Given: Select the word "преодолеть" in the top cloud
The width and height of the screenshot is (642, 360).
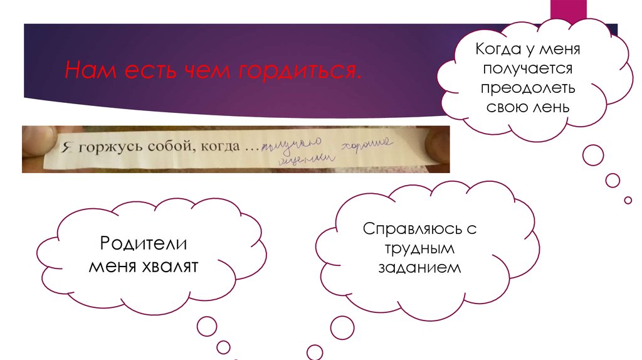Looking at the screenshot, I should [529, 88].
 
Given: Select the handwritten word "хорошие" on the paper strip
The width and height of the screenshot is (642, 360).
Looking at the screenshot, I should [366, 144].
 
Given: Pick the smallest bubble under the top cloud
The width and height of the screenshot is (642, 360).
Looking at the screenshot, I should [628, 200].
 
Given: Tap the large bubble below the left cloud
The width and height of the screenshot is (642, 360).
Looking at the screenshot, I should [208, 326].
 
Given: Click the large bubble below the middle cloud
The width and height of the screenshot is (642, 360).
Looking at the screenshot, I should [342, 327].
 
